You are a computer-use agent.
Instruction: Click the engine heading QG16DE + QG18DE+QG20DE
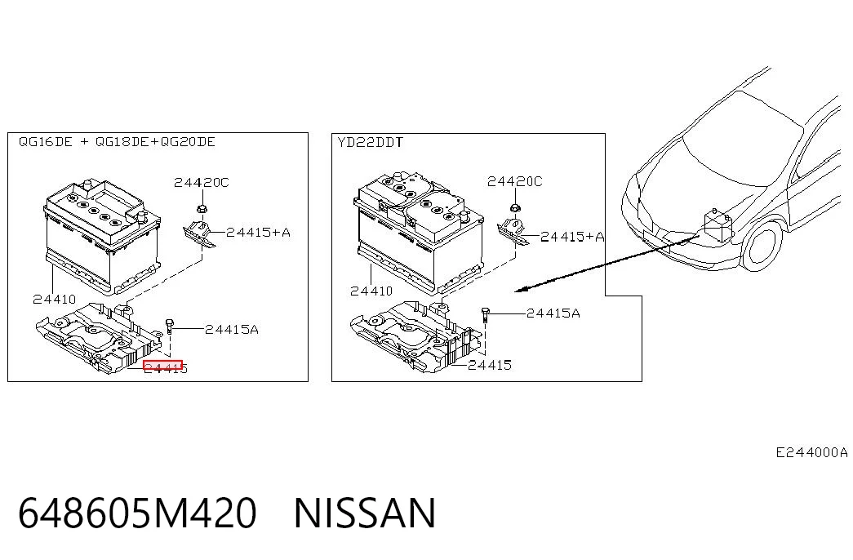tap(117, 142)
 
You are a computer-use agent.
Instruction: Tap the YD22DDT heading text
tap(370, 143)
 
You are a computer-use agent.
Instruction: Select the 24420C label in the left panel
tap(202, 182)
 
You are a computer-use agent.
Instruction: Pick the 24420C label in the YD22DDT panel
tap(514, 181)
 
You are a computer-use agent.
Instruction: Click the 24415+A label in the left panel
tap(258, 233)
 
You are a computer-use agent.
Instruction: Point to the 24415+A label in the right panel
tap(572, 236)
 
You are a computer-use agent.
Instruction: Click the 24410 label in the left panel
tap(55, 299)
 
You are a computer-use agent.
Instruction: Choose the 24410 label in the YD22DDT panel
tap(371, 291)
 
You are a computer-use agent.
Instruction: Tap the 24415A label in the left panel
tap(232, 329)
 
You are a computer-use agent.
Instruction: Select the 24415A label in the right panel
tap(553, 313)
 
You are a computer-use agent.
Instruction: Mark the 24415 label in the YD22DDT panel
tap(490, 365)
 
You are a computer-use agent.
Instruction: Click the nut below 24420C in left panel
tap(202, 208)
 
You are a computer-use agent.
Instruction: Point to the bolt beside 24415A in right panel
tap(486, 314)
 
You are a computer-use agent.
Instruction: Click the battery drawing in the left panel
tap(102, 235)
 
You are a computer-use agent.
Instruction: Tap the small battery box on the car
tap(719, 226)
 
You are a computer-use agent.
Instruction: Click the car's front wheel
tap(763, 245)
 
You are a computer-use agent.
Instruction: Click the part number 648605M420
tap(137, 513)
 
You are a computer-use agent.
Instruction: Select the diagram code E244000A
tap(811, 452)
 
